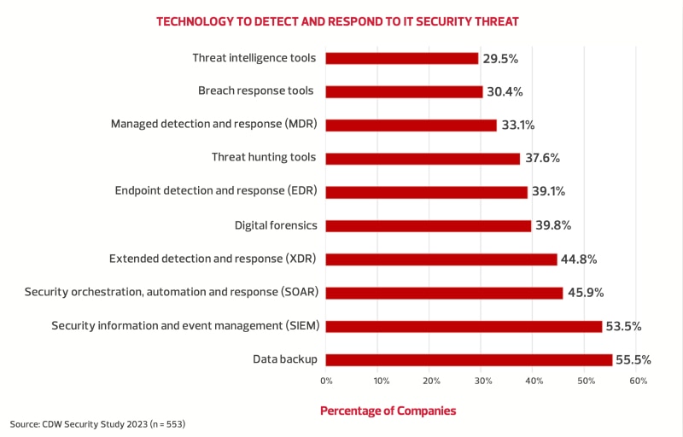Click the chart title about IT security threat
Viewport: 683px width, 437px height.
(337, 20)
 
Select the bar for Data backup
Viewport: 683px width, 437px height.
(469, 359)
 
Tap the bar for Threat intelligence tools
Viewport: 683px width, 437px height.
(402, 58)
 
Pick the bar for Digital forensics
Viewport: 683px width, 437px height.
(429, 225)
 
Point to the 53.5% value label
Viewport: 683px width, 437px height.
(624, 326)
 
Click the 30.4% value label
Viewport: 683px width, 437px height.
(505, 91)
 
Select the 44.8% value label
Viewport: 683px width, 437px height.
(579, 259)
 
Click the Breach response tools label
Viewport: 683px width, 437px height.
(256, 90)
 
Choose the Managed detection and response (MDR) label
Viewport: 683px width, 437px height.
(214, 124)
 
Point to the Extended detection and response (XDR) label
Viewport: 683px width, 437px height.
(213, 258)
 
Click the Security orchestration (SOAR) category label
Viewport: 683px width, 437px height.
(172, 292)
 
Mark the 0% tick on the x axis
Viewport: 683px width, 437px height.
(326, 381)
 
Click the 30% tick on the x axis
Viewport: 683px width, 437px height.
(482, 381)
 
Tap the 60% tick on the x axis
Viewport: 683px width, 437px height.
(638, 381)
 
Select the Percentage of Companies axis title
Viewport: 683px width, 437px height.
(388, 411)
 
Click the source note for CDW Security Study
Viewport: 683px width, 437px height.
(98, 424)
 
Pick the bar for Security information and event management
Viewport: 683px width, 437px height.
(464, 326)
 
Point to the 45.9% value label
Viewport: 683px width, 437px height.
(585, 293)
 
